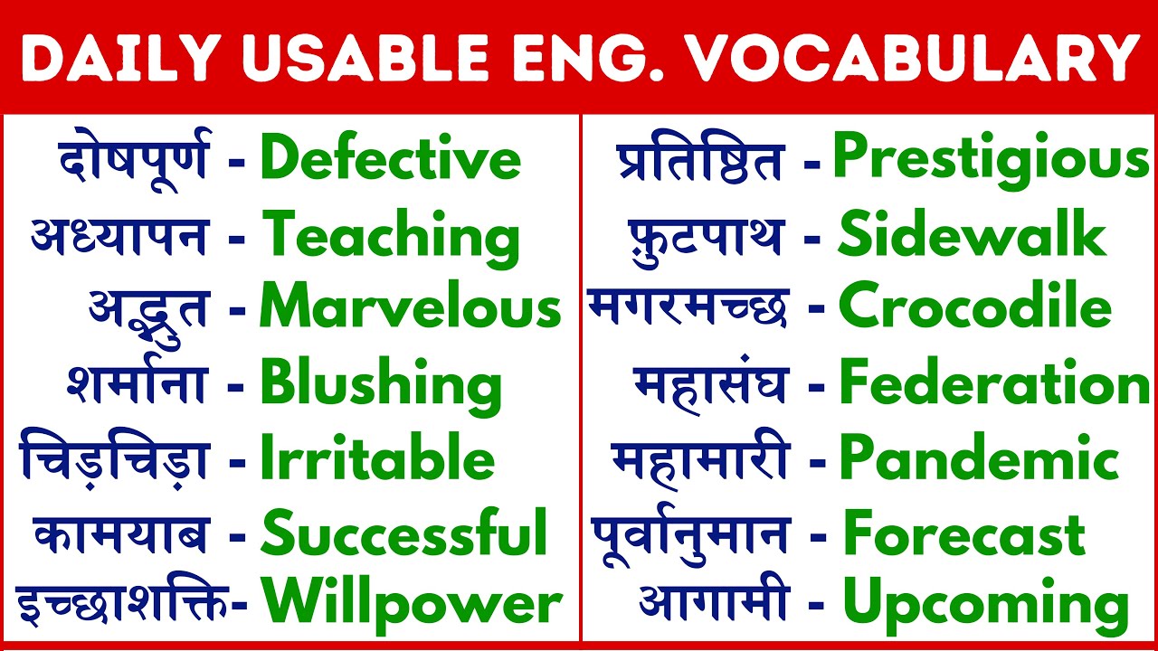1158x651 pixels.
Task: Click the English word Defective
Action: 390,159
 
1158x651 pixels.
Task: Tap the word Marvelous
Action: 411,309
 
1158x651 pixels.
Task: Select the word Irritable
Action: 377,458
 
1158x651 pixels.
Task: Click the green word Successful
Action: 404,533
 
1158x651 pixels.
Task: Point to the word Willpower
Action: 412,604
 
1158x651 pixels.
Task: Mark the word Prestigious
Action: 991,159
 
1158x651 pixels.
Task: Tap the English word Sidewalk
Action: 973,235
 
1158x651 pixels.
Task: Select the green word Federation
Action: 994,383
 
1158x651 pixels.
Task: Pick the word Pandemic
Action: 979,458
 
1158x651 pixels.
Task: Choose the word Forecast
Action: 963,533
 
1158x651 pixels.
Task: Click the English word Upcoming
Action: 985,604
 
